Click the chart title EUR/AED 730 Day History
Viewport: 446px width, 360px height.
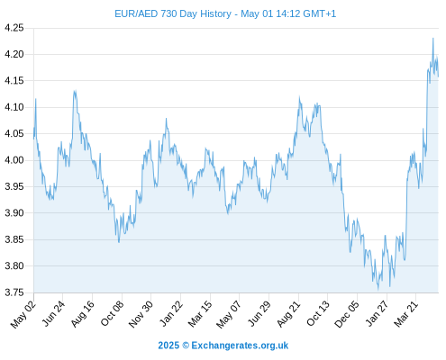pyautogui.click(x=173, y=13)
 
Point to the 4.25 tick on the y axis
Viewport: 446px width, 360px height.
pyautogui.click(x=14, y=28)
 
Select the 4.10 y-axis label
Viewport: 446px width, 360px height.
pyautogui.click(x=14, y=107)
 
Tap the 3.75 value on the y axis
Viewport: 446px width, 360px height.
pyautogui.click(x=14, y=292)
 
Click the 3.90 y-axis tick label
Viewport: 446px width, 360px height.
pyautogui.click(x=14, y=213)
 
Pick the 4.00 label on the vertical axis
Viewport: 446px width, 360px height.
pyautogui.click(x=14, y=160)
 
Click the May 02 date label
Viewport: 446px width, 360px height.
pyautogui.click(x=23, y=314)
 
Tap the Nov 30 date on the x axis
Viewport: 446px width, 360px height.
pyautogui.click(x=141, y=314)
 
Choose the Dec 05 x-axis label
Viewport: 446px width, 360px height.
pyautogui.click(x=346, y=314)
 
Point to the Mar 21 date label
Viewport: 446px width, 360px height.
pyautogui.click(x=405, y=314)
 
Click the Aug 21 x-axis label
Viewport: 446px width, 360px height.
pyautogui.click(x=288, y=314)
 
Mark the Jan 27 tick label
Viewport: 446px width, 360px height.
pyautogui.click(x=377, y=314)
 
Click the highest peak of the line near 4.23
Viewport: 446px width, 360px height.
pyautogui.click(x=433, y=39)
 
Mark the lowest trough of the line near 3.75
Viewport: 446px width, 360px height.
pyautogui.click(x=378, y=290)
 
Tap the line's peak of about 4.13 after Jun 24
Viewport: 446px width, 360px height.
pyautogui.click(x=75, y=91)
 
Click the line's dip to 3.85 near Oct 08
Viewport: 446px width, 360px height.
pyautogui.click(x=119, y=242)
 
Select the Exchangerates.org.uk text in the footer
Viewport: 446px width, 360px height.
pyautogui.click(x=240, y=346)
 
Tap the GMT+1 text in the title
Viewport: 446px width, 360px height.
pyautogui.click(x=320, y=13)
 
